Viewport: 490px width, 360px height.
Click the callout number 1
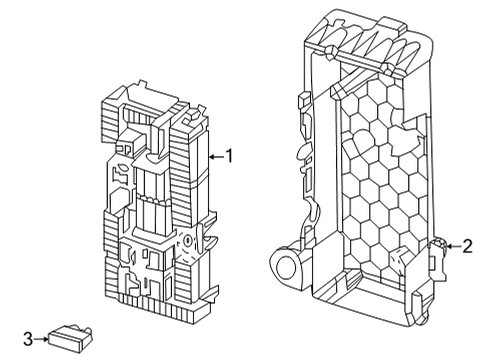tap(229, 156)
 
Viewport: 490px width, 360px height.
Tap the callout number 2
tap(468, 246)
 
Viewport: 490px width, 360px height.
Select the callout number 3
tap(28, 339)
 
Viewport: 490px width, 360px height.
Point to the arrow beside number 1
tap(216, 156)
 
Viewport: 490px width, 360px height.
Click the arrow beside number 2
tap(453, 246)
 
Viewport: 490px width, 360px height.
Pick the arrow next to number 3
tap(41, 339)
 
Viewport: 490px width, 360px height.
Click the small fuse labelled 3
tap(70, 338)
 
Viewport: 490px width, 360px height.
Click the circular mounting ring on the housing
tap(285, 267)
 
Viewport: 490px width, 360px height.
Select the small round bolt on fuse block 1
tap(188, 240)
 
